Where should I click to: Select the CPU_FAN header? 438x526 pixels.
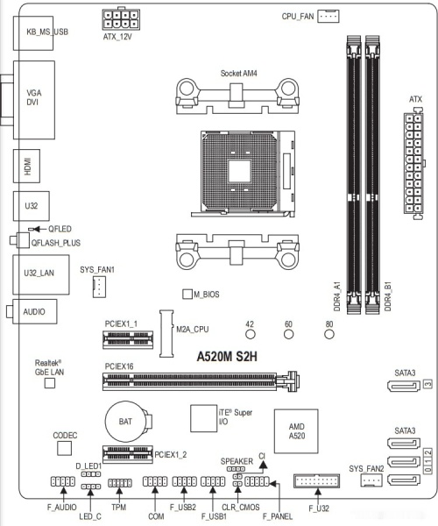tap(328, 16)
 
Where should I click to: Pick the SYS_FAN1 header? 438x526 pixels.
tap(99, 286)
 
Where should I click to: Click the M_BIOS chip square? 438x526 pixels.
tap(187, 294)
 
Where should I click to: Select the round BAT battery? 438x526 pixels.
tap(125, 421)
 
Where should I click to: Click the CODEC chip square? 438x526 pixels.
tap(65, 448)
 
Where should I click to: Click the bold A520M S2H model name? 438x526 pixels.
tap(228, 357)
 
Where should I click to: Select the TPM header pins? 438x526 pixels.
tap(118, 483)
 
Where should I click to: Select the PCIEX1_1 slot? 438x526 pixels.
tap(127, 338)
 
